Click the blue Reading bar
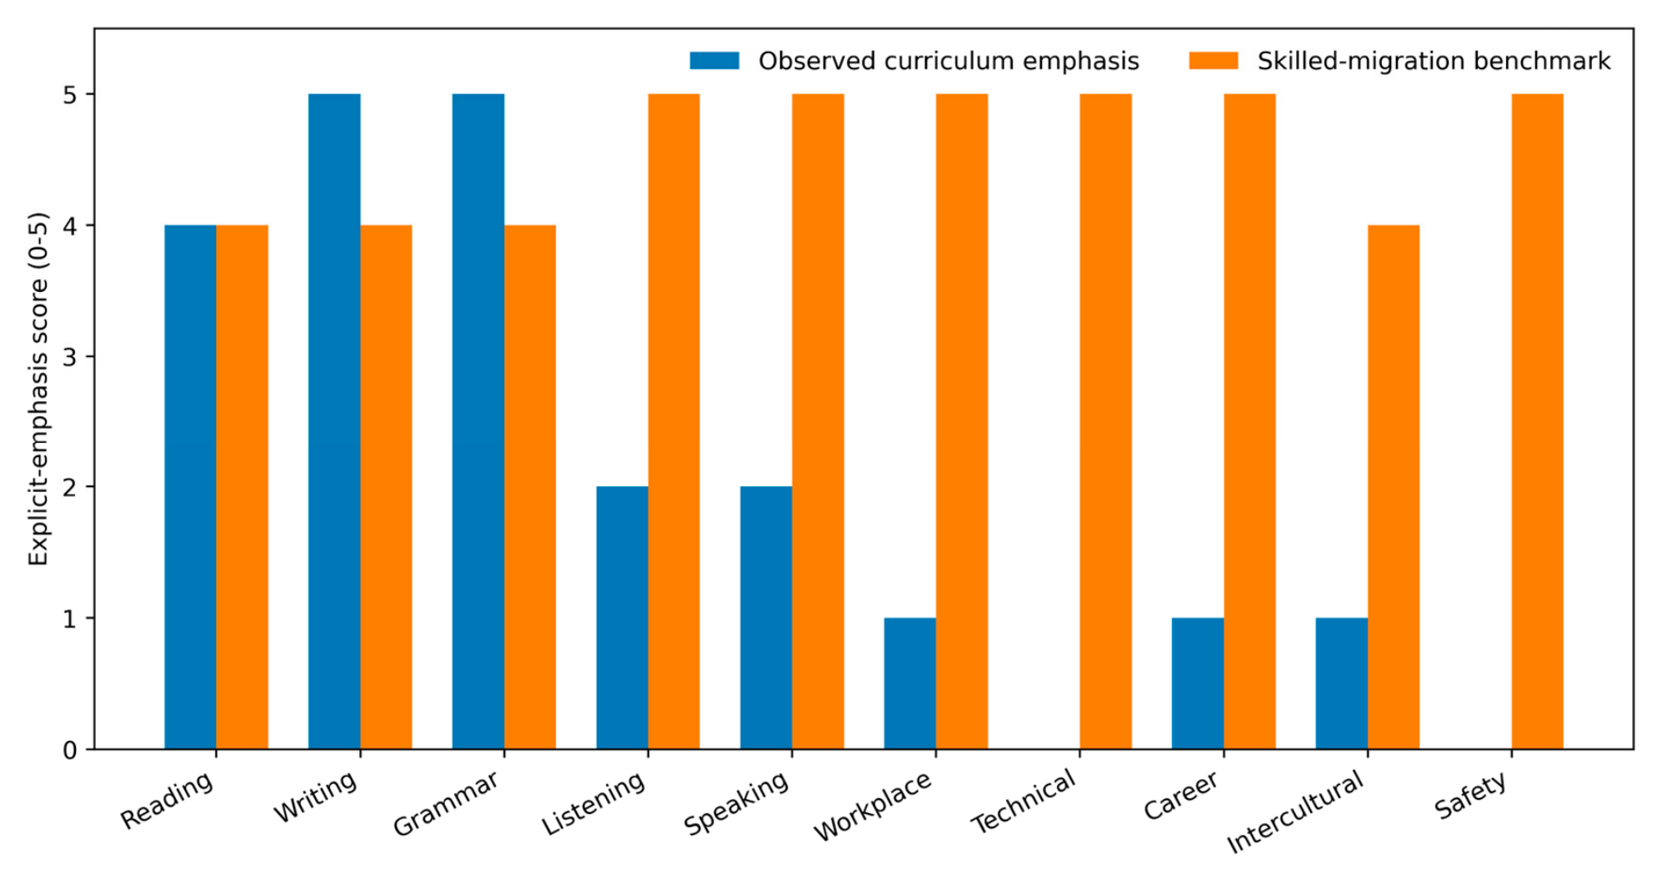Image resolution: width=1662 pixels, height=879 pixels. point(190,487)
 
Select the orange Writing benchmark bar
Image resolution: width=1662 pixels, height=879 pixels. point(386,487)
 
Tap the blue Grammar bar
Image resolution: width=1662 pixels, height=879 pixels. point(478,421)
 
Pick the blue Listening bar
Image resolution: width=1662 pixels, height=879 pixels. point(622,617)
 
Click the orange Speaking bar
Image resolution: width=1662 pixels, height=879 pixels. point(818,421)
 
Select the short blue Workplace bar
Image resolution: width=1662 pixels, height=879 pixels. point(910,683)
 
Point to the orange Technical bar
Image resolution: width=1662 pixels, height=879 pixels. point(1106,421)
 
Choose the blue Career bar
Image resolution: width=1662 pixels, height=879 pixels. point(1198,683)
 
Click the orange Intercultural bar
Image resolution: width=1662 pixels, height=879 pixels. point(1394,487)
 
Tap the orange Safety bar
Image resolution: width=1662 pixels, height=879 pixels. point(1538,421)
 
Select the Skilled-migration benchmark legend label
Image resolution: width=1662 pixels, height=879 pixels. point(1434,61)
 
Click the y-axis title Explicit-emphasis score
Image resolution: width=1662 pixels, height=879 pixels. point(38,389)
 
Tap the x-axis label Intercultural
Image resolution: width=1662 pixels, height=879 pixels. point(1295,811)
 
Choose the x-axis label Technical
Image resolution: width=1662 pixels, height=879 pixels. point(1024,801)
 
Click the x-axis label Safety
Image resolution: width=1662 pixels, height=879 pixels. point(1471,795)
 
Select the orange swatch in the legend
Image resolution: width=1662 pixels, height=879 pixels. point(1213,61)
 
